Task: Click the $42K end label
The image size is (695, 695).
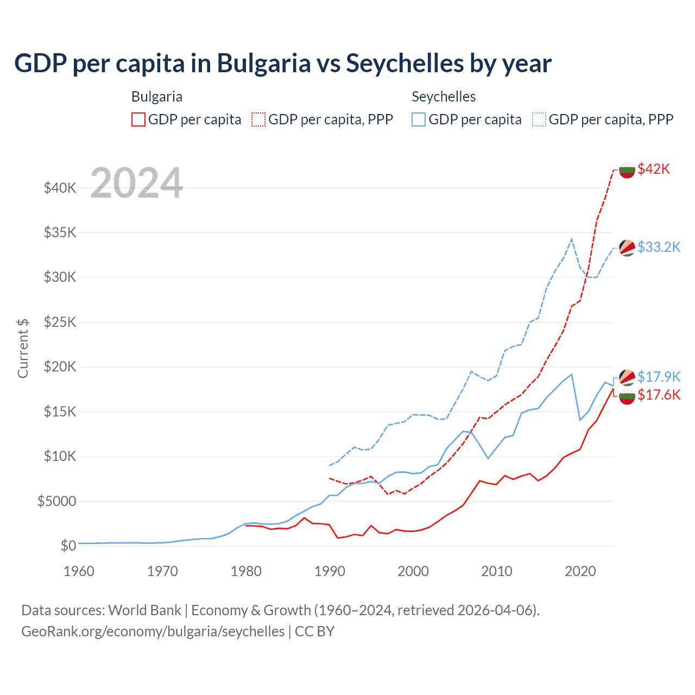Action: click(654, 169)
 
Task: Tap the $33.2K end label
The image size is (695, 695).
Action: click(659, 247)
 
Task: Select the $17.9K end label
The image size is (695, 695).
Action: click(659, 376)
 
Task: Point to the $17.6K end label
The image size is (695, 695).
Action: click(659, 395)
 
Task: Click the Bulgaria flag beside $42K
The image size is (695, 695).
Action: click(627, 170)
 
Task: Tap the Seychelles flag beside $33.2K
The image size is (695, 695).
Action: click(627, 248)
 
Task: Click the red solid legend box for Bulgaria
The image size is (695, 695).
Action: click(138, 119)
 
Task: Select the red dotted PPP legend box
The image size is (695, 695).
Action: click(258, 119)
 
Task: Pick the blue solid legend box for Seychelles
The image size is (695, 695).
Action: click(419, 119)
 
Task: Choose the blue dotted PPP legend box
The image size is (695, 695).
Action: click(539, 119)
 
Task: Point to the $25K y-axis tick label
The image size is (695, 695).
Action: click(60, 322)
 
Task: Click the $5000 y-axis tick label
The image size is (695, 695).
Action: click(56, 501)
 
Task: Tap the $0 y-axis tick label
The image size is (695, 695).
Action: click(68, 546)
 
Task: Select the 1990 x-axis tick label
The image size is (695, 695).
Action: click(330, 571)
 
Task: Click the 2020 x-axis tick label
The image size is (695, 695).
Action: click(580, 571)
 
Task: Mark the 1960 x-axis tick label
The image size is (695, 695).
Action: click(79, 571)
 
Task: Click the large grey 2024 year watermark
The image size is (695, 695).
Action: click(136, 183)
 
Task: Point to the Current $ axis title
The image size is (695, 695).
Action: click(23, 348)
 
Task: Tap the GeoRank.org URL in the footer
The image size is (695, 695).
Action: click(153, 631)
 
